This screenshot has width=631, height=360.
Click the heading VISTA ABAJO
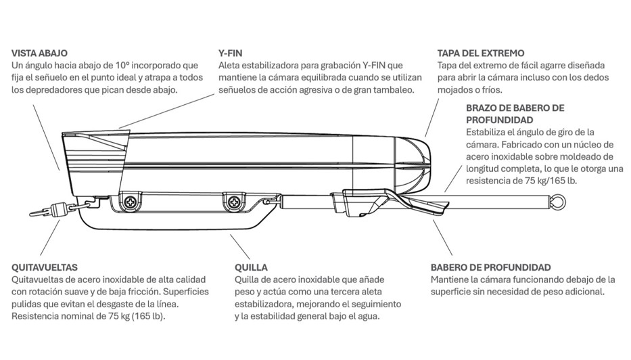(x=39, y=53)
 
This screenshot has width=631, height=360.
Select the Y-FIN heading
(x=230, y=53)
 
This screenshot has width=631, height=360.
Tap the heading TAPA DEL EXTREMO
(x=480, y=53)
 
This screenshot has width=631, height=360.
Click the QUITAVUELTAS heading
(x=44, y=267)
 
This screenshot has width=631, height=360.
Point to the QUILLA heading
(x=251, y=267)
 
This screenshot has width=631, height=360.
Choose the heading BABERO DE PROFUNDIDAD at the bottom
(x=490, y=267)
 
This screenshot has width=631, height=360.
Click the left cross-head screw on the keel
(x=131, y=201)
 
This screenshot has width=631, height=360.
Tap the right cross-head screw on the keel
(x=233, y=202)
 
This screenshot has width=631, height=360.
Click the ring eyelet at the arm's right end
(x=557, y=201)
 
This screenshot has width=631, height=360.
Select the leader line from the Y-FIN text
(x=166, y=111)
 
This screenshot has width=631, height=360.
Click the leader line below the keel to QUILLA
(x=240, y=247)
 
